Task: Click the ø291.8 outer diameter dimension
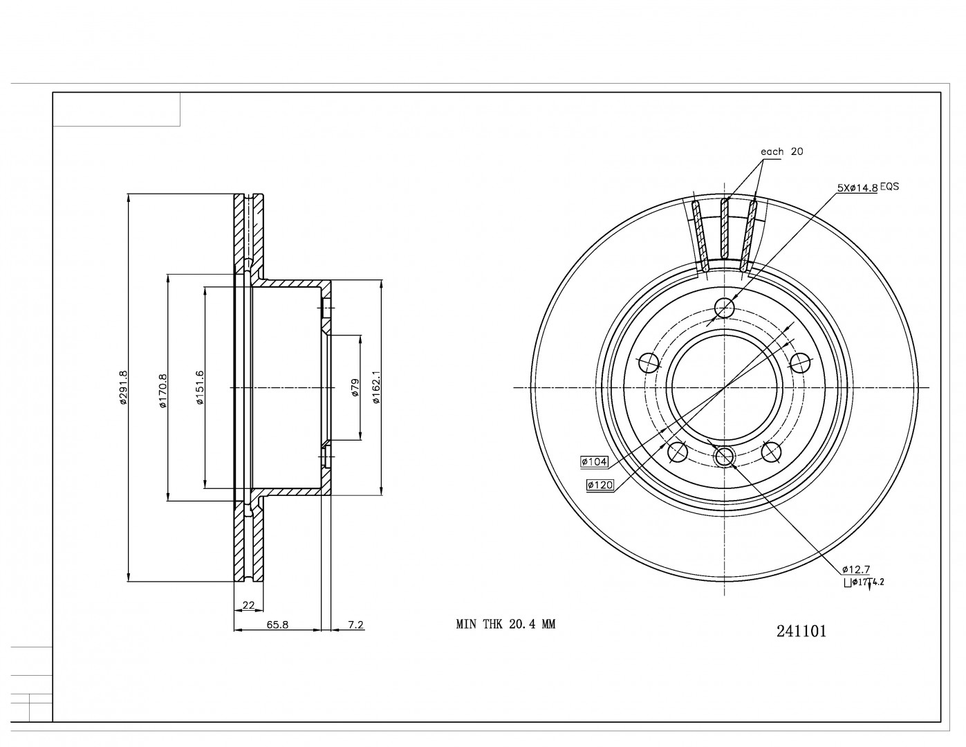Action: coord(123,387)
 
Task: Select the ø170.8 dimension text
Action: coord(162,391)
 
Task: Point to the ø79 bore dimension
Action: coord(355,387)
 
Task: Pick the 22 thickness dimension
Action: coord(248,605)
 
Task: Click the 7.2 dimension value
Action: coord(355,625)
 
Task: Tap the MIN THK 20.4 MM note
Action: coord(505,624)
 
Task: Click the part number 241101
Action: coord(801,631)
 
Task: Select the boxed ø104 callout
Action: coord(594,461)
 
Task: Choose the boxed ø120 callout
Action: coord(600,486)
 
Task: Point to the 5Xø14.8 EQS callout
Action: coord(867,187)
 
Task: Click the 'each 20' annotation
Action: coord(781,151)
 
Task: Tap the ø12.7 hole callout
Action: coord(855,569)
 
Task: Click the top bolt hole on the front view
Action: coord(724,307)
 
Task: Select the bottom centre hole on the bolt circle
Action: coord(724,456)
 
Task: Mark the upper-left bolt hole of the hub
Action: coord(648,361)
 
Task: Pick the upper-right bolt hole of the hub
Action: coord(800,361)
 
